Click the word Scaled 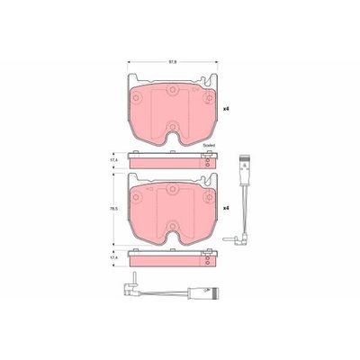(209, 146)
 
